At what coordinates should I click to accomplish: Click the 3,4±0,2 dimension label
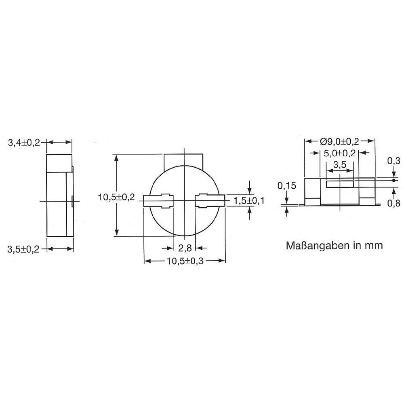click(24, 143)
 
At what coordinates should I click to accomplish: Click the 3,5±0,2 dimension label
click(24, 250)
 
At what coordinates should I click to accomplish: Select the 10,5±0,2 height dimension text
click(116, 197)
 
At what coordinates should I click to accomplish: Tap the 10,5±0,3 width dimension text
click(185, 261)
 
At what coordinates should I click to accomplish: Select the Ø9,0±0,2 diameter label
click(339, 141)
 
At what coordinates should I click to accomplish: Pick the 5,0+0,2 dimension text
click(339, 153)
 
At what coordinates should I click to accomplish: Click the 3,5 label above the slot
click(339, 165)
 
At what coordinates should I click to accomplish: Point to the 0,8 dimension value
click(393, 203)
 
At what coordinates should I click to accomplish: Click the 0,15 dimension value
click(286, 186)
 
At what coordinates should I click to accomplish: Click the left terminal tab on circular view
click(158, 201)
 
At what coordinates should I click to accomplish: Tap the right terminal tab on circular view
click(210, 201)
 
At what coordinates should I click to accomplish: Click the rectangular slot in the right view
click(340, 184)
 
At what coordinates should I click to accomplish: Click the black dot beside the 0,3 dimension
click(393, 180)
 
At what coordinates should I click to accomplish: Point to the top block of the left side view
click(59, 163)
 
